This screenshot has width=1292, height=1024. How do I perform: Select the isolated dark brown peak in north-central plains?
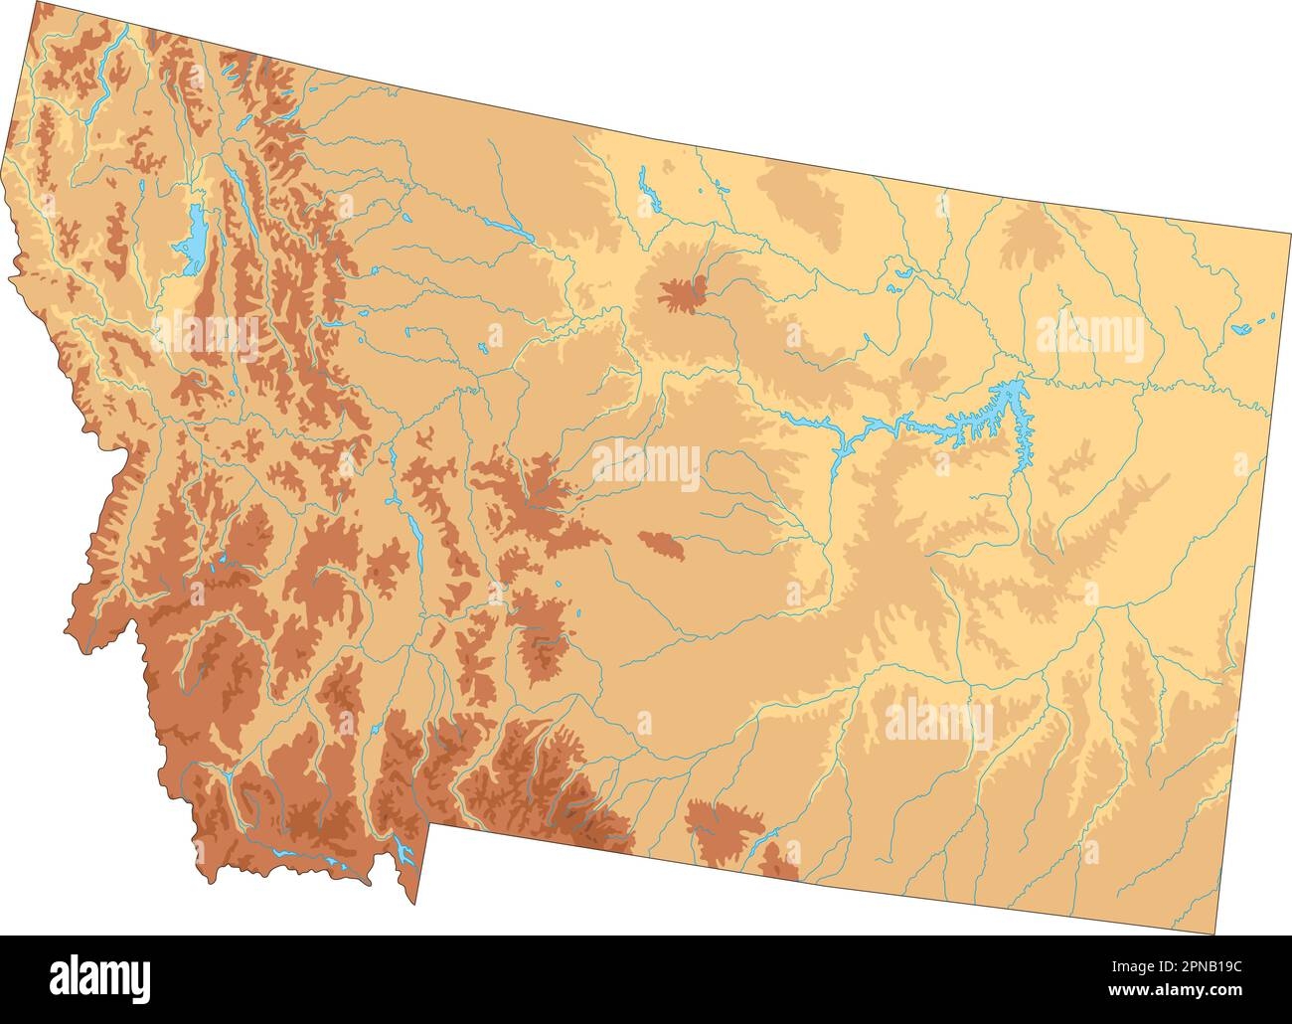pos(682,294)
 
